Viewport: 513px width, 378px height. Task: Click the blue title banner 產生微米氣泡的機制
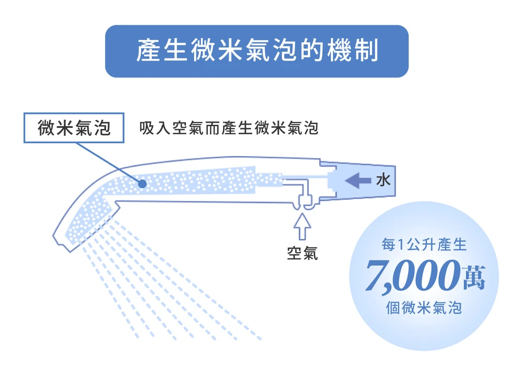[256, 51]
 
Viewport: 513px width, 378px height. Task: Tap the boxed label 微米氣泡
[74, 128]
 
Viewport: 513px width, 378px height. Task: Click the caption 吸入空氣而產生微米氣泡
[228, 128]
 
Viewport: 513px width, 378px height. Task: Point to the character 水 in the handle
[383, 181]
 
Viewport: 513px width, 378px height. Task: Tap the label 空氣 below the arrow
[302, 253]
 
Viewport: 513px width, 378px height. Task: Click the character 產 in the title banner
[147, 51]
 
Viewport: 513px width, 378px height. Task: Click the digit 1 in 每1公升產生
[402, 245]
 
